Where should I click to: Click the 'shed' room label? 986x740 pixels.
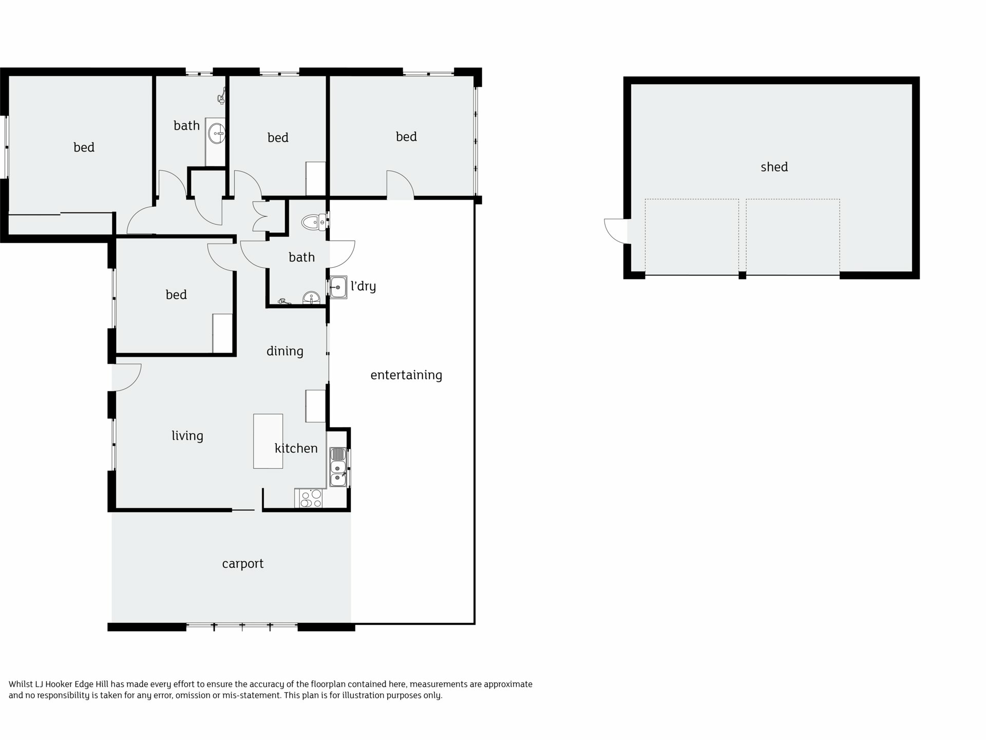pyautogui.click(x=774, y=167)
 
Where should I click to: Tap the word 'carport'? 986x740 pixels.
pyautogui.click(x=242, y=564)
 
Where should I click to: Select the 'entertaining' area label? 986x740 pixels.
pyautogui.click(x=406, y=375)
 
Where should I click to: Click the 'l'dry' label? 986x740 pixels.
pyautogui.click(x=363, y=286)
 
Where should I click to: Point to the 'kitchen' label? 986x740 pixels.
pyautogui.click(x=296, y=448)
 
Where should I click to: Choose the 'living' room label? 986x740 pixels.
pyautogui.click(x=187, y=436)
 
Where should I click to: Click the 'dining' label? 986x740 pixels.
pyautogui.click(x=285, y=351)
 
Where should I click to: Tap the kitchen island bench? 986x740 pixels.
pyautogui.click(x=268, y=441)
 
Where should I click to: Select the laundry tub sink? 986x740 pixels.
pyautogui.click(x=338, y=287)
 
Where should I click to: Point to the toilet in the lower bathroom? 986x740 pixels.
pyautogui.click(x=314, y=223)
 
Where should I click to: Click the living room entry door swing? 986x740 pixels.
pyautogui.click(x=127, y=377)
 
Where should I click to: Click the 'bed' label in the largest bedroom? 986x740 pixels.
pyautogui.click(x=84, y=147)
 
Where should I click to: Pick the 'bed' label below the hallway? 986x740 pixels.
pyautogui.click(x=176, y=295)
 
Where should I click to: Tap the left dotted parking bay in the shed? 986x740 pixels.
pyautogui.click(x=692, y=237)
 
